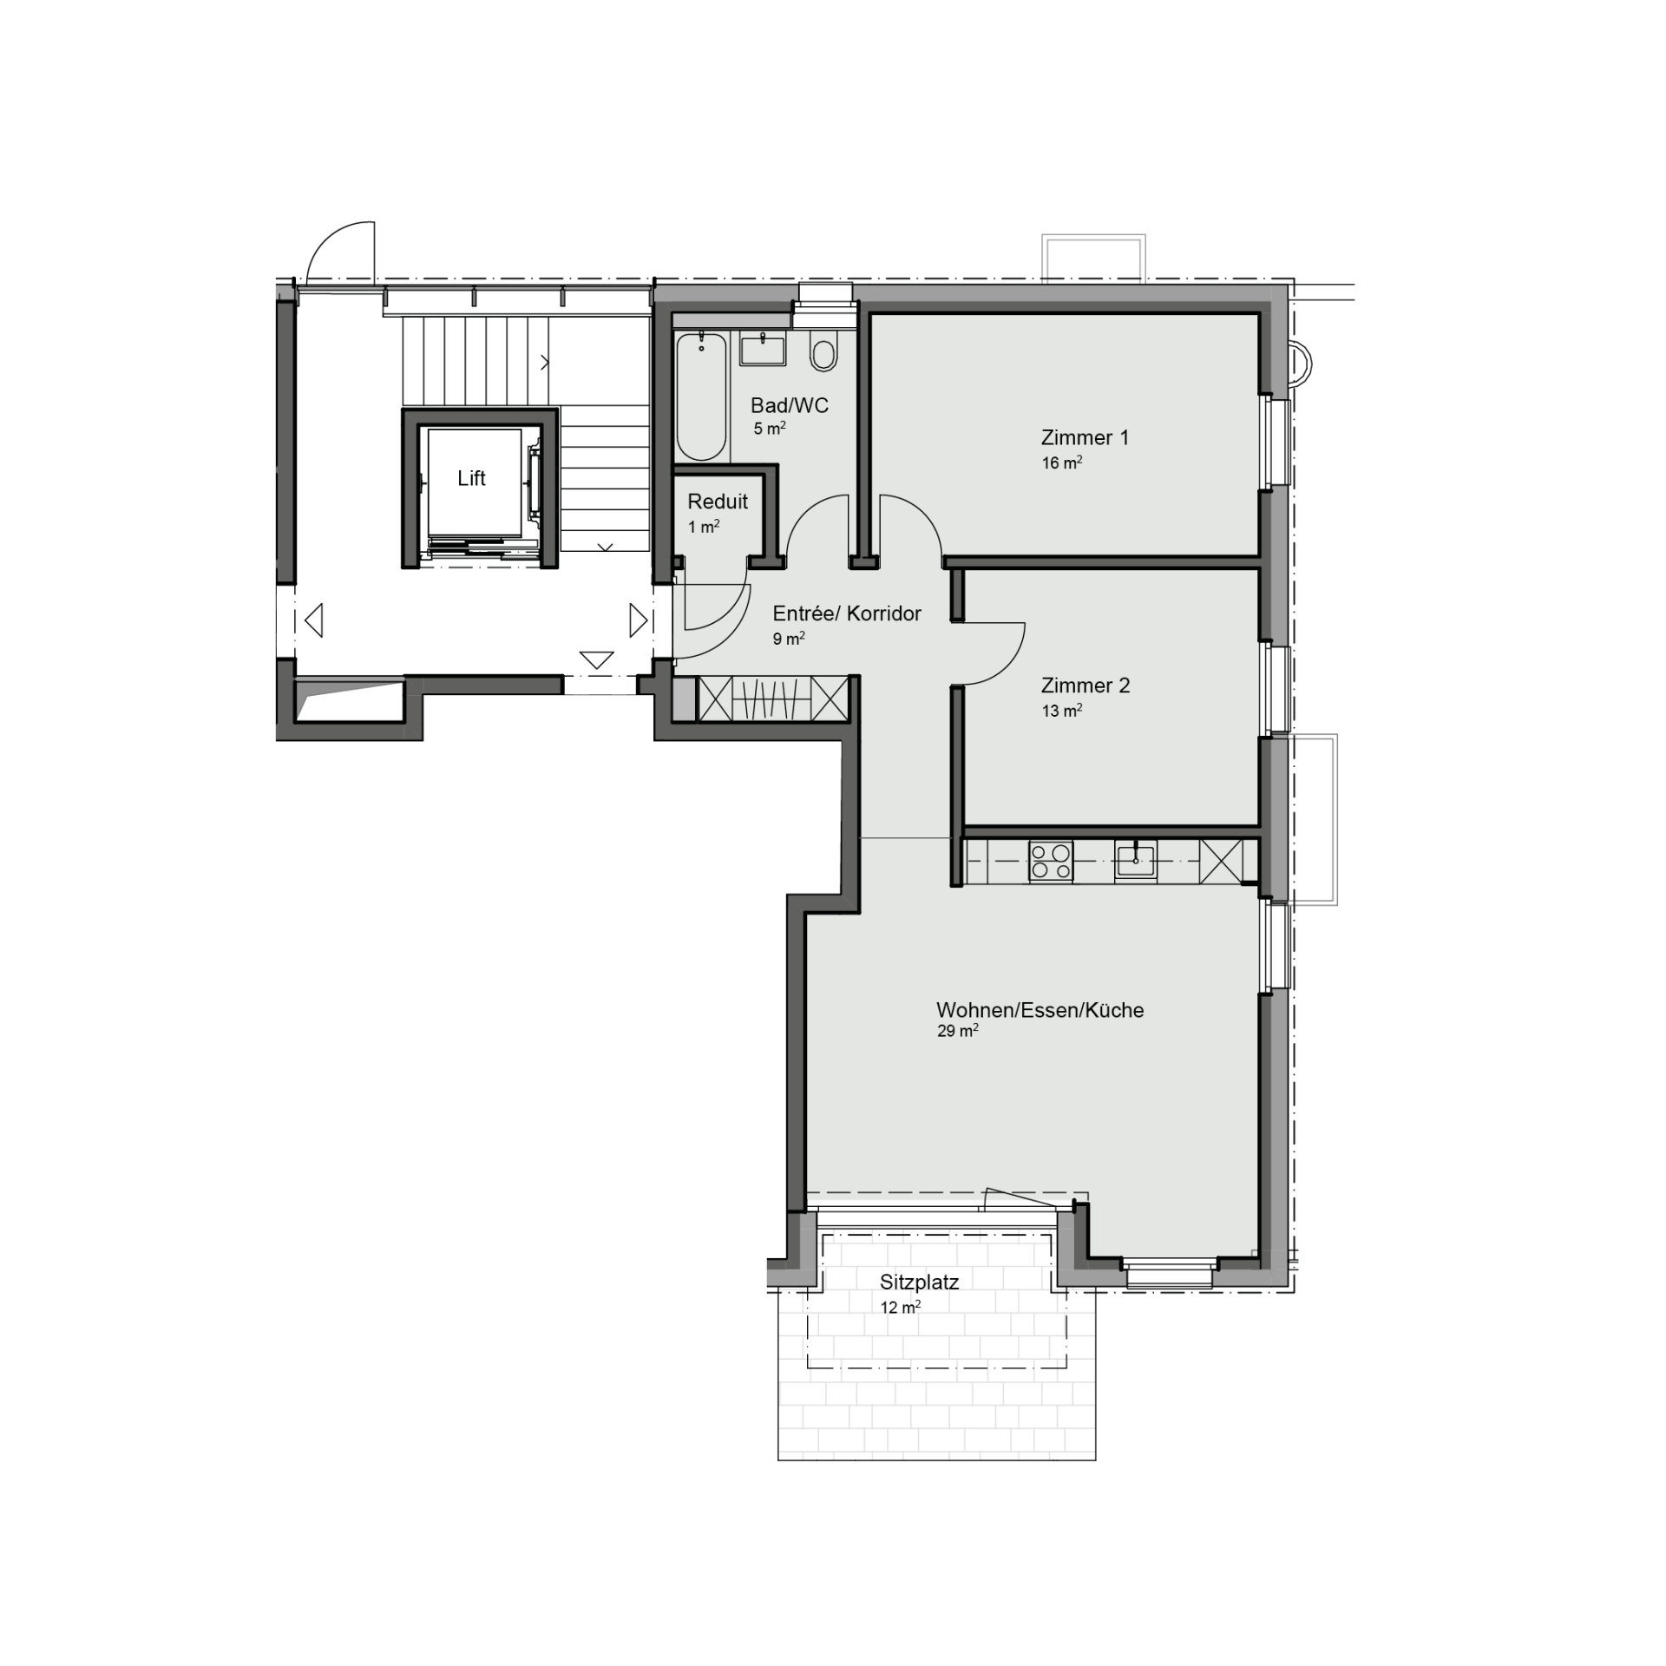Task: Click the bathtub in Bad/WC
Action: (x=701, y=397)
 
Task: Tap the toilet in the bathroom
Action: (x=823, y=351)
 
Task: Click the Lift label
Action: (x=471, y=478)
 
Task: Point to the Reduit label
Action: (x=718, y=502)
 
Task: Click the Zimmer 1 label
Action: (x=1085, y=437)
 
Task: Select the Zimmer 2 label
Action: (x=1086, y=685)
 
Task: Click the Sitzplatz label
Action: (x=919, y=1282)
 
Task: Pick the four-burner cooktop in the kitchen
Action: (x=1050, y=862)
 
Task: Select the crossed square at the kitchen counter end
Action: (x=1221, y=862)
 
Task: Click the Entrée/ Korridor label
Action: (x=847, y=613)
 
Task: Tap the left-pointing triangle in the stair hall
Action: (x=314, y=620)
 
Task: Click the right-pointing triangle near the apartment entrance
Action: (x=638, y=620)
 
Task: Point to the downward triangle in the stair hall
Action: (x=596, y=660)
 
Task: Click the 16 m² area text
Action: (x=1062, y=463)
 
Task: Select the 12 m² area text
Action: (x=900, y=1308)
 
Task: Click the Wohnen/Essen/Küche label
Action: (x=1040, y=1010)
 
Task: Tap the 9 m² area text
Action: (x=789, y=640)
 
